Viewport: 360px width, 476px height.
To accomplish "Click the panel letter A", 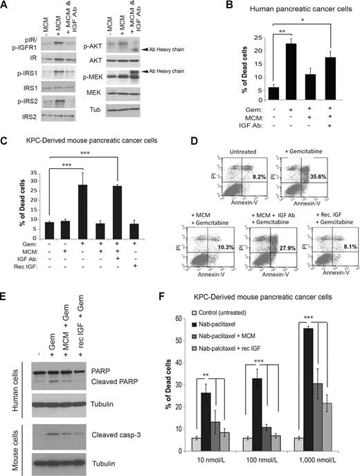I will (6, 6).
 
